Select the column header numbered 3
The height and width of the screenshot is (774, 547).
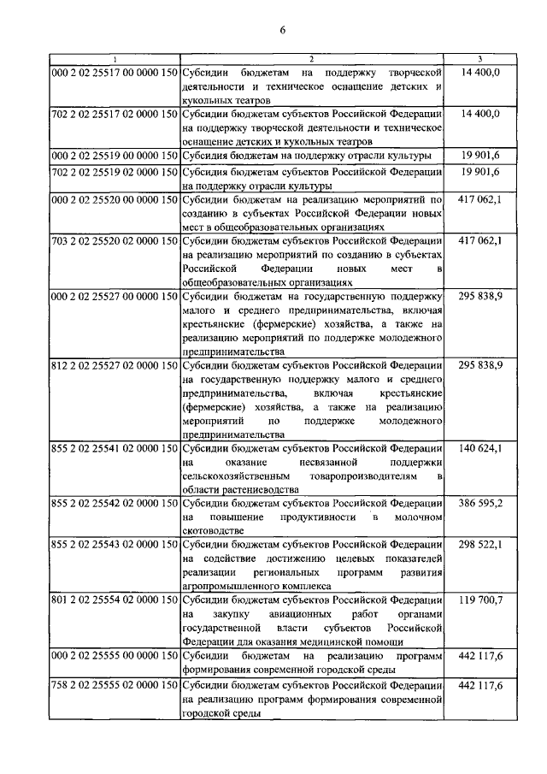coord(480,59)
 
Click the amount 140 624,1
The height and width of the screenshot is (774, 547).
coord(480,448)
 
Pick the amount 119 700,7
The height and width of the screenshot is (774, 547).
coord(480,601)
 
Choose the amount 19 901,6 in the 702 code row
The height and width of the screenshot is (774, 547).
coord(480,171)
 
